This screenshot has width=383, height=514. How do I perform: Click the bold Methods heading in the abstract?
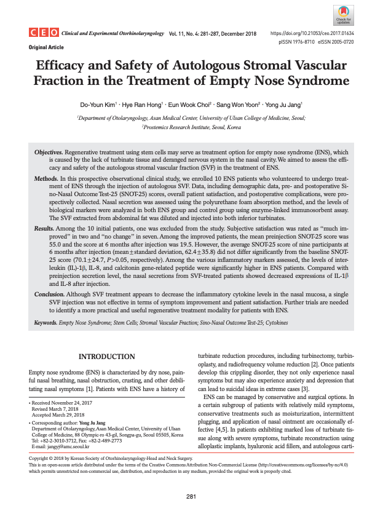(47, 178)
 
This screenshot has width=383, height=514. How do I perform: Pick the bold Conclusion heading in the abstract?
(50, 295)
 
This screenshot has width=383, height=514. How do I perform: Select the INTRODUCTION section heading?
(107, 357)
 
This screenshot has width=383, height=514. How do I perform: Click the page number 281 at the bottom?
(191, 496)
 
